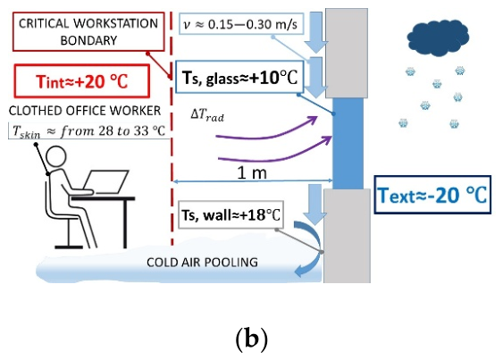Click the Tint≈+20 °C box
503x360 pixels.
82,81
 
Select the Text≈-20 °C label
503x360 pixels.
432,195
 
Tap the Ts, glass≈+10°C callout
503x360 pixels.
239,77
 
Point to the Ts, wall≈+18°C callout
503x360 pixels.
231,214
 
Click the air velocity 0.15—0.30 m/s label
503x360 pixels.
241,24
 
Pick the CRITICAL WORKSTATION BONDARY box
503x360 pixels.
88,31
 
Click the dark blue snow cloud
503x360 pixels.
438,38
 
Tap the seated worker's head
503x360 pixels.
55,157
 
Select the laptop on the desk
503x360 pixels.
105,181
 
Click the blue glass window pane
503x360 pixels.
348,143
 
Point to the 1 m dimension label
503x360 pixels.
252,173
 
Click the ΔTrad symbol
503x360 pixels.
207,114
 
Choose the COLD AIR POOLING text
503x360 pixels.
202,262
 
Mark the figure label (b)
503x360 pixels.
252,339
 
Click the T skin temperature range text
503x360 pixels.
88,131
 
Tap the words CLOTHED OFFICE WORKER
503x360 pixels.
85,111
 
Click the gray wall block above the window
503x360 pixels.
347,53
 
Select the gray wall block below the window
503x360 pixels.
347,236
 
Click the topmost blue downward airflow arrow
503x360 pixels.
316,32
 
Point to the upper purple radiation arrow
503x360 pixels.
266,134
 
